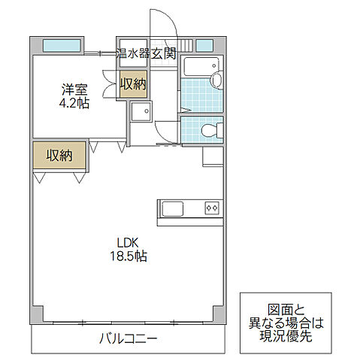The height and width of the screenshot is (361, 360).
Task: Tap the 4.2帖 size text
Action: point(75,104)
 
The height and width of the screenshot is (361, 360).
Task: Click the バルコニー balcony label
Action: point(129,338)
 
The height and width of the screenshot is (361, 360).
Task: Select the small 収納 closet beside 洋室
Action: point(133,84)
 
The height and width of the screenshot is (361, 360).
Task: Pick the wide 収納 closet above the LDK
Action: point(59,156)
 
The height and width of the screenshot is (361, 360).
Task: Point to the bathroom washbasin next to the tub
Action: point(217,78)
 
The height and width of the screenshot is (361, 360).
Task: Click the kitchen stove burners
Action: point(212,208)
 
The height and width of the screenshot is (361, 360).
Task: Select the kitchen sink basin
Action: point(170,208)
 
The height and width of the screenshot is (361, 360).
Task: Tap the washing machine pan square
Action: point(140,112)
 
